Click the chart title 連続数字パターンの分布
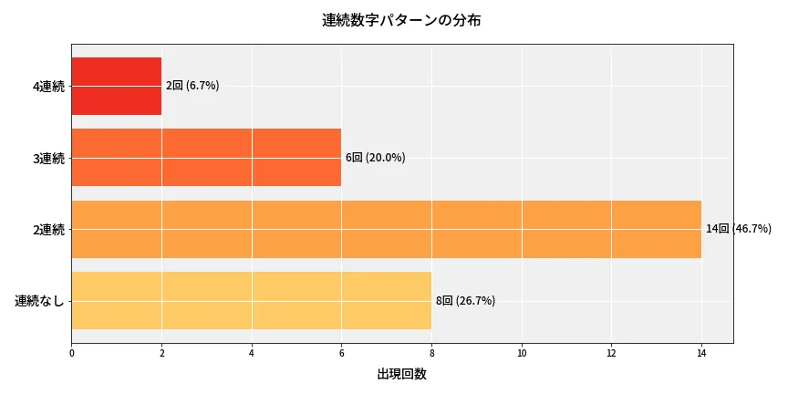[x=401, y=20]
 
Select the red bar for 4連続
[x=116, y=86]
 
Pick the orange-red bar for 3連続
[x=206, y=158]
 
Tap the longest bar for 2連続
[x=386, y=229]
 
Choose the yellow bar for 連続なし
[x=251, y=301]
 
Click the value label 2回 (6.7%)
[x=192, y=86]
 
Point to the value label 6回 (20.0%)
[x=375, y=158]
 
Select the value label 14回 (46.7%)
[x=739, y=229]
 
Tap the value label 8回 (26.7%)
[x=465, y=301]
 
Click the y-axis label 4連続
[x=48, y=87]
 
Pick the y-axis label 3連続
[x=48, y=159]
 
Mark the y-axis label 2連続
[x=48, y=230]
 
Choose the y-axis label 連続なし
[x=40, y=301]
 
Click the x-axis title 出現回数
[x=401, y=374]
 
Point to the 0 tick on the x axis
[x=71, y=353]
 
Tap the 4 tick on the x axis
[x=251, y=353]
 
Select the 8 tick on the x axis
[x=431, y=353]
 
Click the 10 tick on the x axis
[x=522, y=353]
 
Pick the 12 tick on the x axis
[x=611, y=353]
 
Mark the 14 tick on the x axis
[x=701, y=353]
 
